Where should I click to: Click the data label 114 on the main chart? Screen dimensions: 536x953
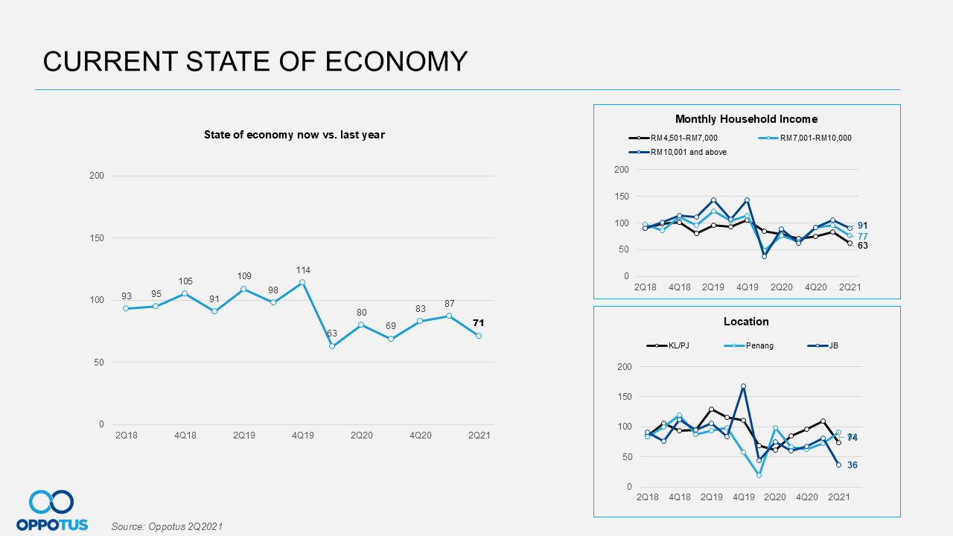pyautogui.click(x=302, y=270)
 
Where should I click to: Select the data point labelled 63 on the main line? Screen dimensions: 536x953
pyautogui.click(x=332, y=346)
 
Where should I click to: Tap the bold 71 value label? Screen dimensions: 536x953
pyautogui.click(x=479, y=323)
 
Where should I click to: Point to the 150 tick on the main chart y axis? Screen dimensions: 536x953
pyautogui.click(x=97, y=238)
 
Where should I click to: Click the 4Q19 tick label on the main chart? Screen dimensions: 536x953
pyautogui.click(x=302, y=435)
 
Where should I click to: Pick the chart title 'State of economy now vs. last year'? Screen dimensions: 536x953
pyautogui.click(x=294, y=135)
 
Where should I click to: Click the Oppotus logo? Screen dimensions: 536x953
pyautogui.click(x=51, y=510)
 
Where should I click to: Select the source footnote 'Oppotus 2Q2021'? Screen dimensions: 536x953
pyautogui.click(x=167, y=526)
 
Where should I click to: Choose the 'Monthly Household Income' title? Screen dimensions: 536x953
pyautogui.click(x=746, y=119)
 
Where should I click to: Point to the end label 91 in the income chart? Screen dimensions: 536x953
pyautogui.click(x=862, y=226)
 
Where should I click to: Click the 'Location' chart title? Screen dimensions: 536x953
pyautogui.click(x=746, y=322)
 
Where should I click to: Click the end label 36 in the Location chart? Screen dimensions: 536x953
pyautogui.click(x=852, y=465)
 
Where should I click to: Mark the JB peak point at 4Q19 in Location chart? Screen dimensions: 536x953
pyautogui.click(x=743, y=386)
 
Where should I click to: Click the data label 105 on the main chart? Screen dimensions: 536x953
pyautogui.click(x=185, y=281)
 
